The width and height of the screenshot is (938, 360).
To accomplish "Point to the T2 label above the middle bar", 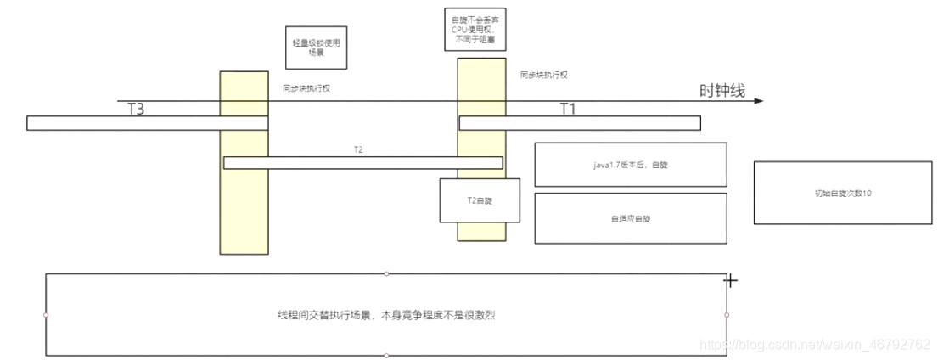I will coord(359,149).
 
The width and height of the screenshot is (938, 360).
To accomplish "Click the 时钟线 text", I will coord(722,92).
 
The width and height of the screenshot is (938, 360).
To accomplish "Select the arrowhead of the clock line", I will coord(757,101).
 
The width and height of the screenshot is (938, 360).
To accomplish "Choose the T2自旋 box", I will coord(480,200).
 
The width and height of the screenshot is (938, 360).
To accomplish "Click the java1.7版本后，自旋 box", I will coord(630,164).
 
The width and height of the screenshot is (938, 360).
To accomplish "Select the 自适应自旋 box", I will coord(630,218).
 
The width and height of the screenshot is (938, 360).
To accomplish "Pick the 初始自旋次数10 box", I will coord(843,193).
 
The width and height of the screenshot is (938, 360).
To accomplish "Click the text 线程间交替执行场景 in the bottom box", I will coord(386,315).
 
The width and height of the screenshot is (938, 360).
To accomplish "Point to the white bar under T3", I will coord(147,123).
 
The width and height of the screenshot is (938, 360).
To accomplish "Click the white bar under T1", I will coord(580,123).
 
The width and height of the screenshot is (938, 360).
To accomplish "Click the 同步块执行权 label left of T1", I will coord(543,76).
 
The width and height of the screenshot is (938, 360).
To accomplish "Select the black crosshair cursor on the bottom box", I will coord(729,280).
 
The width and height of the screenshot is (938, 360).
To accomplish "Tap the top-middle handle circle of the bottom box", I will coord(386,273).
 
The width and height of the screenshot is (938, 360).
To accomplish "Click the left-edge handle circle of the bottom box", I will coord(46,315).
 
